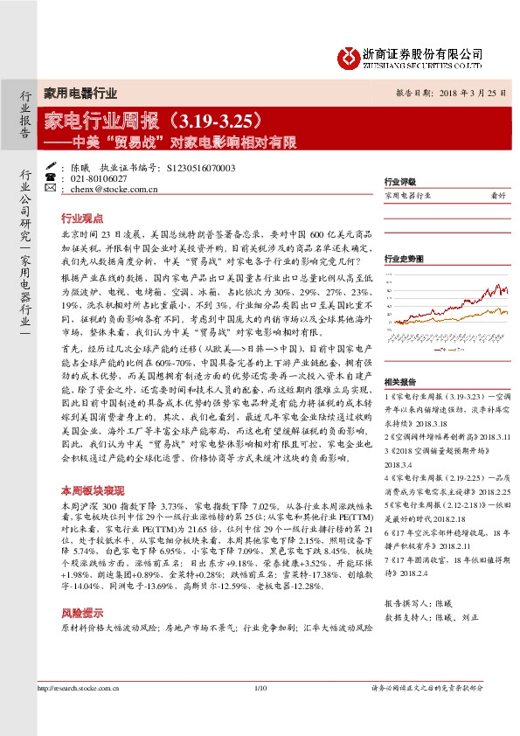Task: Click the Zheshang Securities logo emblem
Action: [348, 57]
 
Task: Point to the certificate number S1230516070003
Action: [200, 167]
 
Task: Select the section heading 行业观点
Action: [81, 219]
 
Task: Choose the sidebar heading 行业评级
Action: [399, 182]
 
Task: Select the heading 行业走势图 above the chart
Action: [403, 259]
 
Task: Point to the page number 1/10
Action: [260, 715]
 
